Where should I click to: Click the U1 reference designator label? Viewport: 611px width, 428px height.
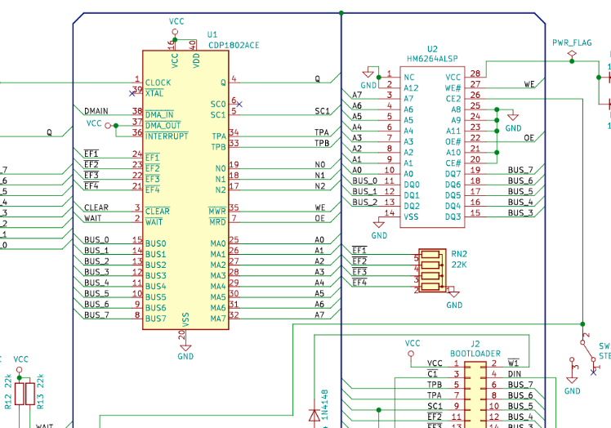coord(212,34)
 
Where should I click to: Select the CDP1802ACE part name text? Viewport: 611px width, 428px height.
coord(234,45)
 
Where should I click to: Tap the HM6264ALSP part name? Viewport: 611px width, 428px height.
coord(433,60)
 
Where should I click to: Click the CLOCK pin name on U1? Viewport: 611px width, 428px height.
coord(158,82)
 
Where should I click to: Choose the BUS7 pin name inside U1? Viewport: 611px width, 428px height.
coord(155,318)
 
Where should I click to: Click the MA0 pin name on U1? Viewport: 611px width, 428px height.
coord(217,243)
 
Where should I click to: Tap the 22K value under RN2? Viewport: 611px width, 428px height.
coord(458,265)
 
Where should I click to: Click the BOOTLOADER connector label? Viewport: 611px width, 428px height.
coord(475,354)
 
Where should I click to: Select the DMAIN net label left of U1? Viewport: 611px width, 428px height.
coord(96,111)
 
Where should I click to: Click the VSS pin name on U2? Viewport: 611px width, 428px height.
coord(411,216)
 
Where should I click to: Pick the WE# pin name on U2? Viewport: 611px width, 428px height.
coord(453,87)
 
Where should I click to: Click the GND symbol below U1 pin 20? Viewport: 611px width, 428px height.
coord(185,351)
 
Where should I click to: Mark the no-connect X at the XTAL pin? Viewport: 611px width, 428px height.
coord(132,93)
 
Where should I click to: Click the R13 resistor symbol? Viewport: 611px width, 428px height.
coord(29,393)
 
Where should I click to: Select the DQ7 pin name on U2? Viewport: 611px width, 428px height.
coord(453,173)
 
